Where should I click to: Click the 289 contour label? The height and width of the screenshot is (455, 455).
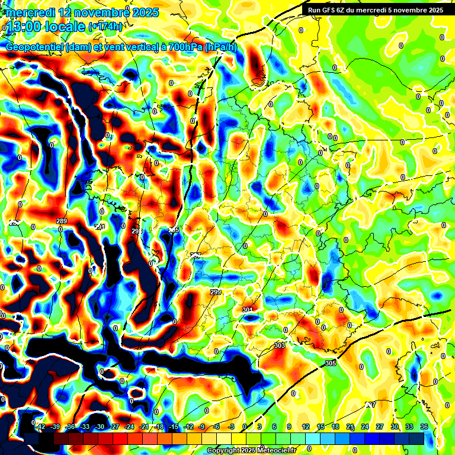click(x=62, y=221)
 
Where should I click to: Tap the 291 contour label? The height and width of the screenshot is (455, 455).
click(x=100, y=226)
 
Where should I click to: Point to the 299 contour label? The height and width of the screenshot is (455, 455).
click(x=216, y=292)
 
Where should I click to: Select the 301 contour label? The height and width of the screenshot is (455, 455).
click(x=248, y=310)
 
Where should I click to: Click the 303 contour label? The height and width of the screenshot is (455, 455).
click(x=280, y=345)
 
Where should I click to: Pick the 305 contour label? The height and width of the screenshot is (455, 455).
click(x=331, y=363)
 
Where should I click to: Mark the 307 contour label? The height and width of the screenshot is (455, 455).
click(x=370, y=405)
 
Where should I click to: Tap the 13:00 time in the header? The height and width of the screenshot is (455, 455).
click(x=23, y=25)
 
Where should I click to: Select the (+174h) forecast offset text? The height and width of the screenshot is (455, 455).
click(x=105, y=26)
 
